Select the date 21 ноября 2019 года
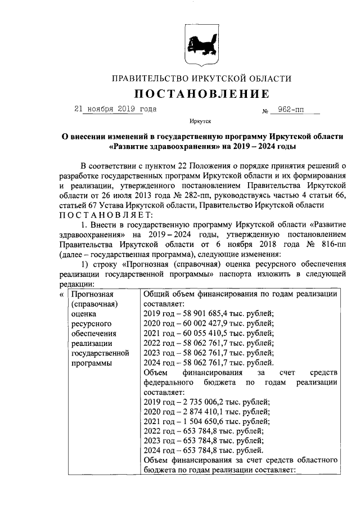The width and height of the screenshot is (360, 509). tap(115, 109)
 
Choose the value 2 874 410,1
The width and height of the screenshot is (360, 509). tap(206, 411)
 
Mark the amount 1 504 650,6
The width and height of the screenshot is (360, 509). tap(206, 421)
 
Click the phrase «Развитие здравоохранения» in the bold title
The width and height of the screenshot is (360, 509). tap(157, 147)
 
